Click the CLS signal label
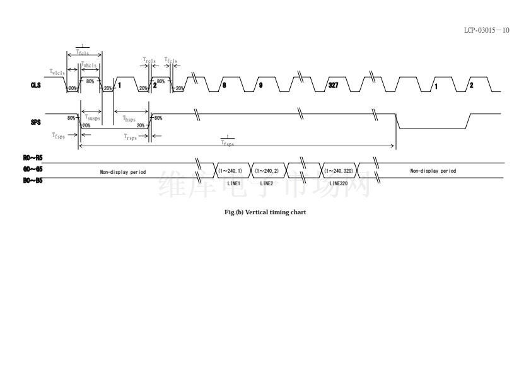[x=35, y=85]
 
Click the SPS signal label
[x=35, y=122]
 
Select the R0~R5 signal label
[x=33, y=158]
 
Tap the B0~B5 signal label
[x=33, y=180]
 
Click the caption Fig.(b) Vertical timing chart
[x=265, y=212]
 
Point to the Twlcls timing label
[x=57, y=72]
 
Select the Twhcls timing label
[x=89, y=65]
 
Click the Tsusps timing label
[x=92, y=117]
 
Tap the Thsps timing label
[x=129, y=118]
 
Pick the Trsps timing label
[x=130, y=137]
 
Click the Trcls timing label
[x=149, y=61]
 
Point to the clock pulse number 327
[x=333, y=85]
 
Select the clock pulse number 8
[x=224, y=85]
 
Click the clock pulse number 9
[x=260, y=85]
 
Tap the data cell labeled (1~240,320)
[x=339, y=170]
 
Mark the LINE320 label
[x=339, y=183]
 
